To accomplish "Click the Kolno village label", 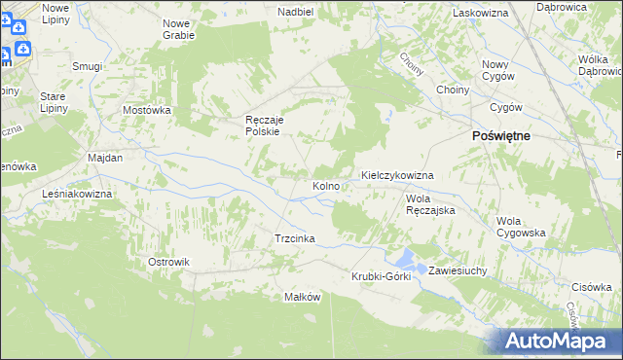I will point(325,185).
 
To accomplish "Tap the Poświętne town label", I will point(500,137).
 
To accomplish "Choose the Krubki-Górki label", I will point(382,276).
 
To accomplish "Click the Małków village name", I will point(302,297).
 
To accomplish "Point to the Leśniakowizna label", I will point(78,195).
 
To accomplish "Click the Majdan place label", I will point(104,158).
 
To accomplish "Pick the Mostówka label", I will point(147,110).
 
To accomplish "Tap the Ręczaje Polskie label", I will point(262,126).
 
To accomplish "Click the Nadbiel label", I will point(295,12).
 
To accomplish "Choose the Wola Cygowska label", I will point(520,227).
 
